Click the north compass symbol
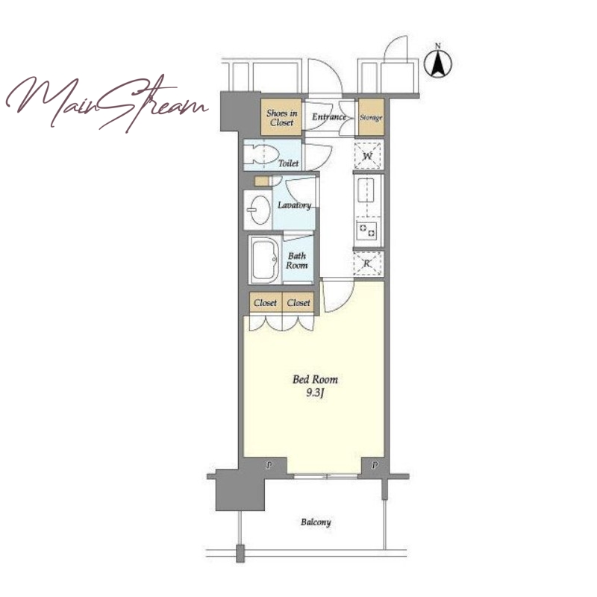[x=438, y=62]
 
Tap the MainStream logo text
[x=106, y=103]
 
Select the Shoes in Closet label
[x=282, y=118]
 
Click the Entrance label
[x=329, y=117]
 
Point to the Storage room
[x=371, y=116]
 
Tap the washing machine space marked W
[x=368, y=155]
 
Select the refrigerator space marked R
[x=367, y=263]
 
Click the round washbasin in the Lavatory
[x=258, y=210]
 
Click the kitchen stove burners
[x=367, y=231]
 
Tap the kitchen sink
[x=366, y=192]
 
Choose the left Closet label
[x=266, y=303]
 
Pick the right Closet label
[x=298, y=303]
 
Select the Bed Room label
[x=315, y=380]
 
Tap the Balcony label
[x=316, y=522]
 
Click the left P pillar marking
[x=269, y=465]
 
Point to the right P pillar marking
[x=375, y=465]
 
